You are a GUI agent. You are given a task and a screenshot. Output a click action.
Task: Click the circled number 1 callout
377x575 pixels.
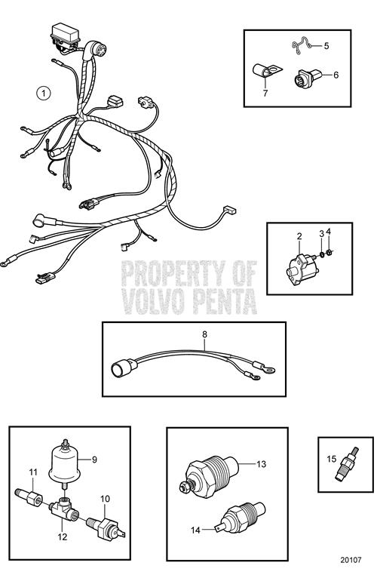click(44, 93)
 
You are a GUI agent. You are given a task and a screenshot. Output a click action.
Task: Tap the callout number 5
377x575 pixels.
click(326, 46)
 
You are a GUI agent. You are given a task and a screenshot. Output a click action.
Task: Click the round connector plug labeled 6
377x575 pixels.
click(307, 78)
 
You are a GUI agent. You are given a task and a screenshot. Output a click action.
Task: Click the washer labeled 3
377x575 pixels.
click(322, 254)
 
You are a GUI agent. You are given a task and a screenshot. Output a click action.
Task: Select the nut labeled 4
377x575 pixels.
click(329, 252)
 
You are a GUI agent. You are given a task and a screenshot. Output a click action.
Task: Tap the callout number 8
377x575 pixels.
click(204, 334)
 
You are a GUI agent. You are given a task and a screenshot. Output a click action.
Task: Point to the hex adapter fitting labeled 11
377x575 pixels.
click(29, 498)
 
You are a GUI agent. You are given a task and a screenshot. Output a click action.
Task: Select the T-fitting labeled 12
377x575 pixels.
click(64, 510)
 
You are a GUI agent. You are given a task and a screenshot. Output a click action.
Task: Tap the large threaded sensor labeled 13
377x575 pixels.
click(209, 475)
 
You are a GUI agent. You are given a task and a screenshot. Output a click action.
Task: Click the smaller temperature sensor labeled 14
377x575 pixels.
click(241, 518)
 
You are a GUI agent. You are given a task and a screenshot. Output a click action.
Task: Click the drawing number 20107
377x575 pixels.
click(351, 560)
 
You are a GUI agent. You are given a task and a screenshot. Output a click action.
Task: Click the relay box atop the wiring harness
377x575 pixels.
click(65, 34)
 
